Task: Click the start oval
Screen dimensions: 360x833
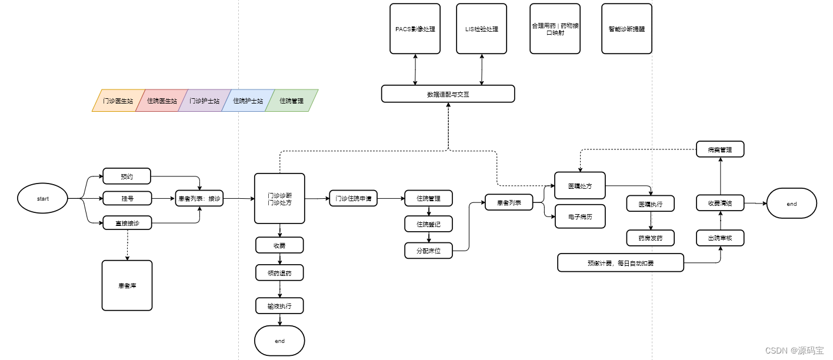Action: [x=43, y=199]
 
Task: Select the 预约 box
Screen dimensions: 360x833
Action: [x=126, y=176]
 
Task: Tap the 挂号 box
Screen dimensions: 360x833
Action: [x=126, y=199]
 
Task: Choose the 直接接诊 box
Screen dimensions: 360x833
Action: [x=126, y=222]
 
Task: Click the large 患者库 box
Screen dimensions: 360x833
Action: [x=126, y=285]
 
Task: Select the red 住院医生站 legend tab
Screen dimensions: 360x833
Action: [x=162, y=101]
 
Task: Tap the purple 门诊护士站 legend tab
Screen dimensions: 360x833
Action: [x=204, y=101]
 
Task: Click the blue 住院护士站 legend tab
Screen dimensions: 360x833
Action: [x=248, y=101]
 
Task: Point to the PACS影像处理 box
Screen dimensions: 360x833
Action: [x=415, y=29]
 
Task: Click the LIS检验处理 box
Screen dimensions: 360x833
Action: [x=481, y=29]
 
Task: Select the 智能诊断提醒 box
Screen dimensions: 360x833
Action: [x=627, y=29]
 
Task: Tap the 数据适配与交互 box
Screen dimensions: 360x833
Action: [x=448, y=94]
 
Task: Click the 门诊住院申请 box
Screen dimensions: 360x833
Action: [x=353, y=198]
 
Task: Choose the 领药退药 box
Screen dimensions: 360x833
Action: [x=279, y=273]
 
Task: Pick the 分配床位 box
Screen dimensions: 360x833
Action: [x=428, y=251]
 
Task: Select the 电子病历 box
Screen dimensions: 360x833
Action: [x=580, y=217]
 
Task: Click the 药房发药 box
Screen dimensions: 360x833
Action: [x=650, y=238]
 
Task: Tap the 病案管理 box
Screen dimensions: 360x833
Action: [x=720, y=149]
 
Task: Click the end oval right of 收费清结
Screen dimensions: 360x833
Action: [x=791, y=204]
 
